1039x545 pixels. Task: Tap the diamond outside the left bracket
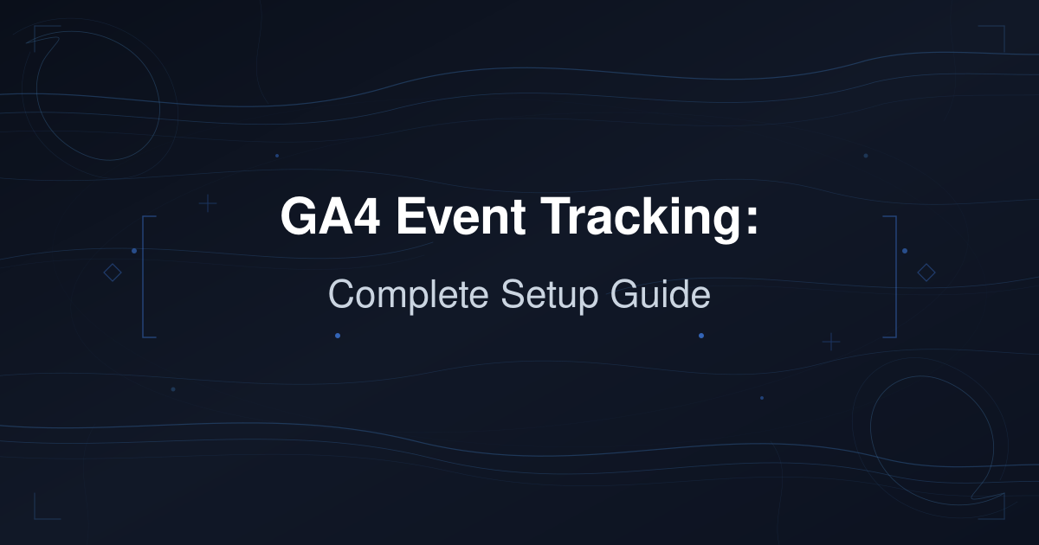tap(112, 273)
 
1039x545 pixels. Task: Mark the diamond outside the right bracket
tap(926, 273)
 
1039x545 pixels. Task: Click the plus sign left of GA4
tap(208, 204)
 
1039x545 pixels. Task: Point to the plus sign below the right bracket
tap(831, 342)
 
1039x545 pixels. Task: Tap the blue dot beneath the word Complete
tap(338, 335)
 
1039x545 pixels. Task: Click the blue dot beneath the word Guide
tap(701, 335)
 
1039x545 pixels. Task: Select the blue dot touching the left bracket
tap(134, 251)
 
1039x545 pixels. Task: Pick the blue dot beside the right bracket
tap(905, 251)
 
